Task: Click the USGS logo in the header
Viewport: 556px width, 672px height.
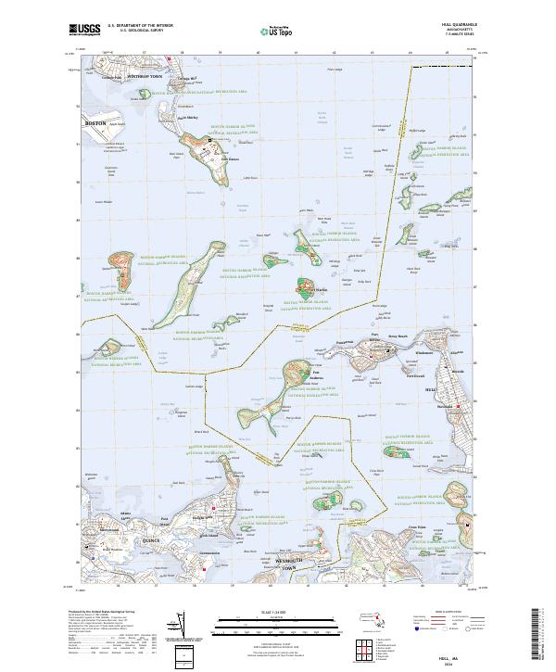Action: pyautogui.click(x=83, y=30)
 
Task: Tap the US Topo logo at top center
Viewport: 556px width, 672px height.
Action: pyautogui.click(x=277, y=31)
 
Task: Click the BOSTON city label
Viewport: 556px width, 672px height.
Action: pyautogui.click(x=96, y=122)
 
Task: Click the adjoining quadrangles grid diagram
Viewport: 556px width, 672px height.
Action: pyautogui.click(x=384, y=644)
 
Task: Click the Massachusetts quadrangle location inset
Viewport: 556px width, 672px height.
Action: pyautogui.click(x=378, y=618)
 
